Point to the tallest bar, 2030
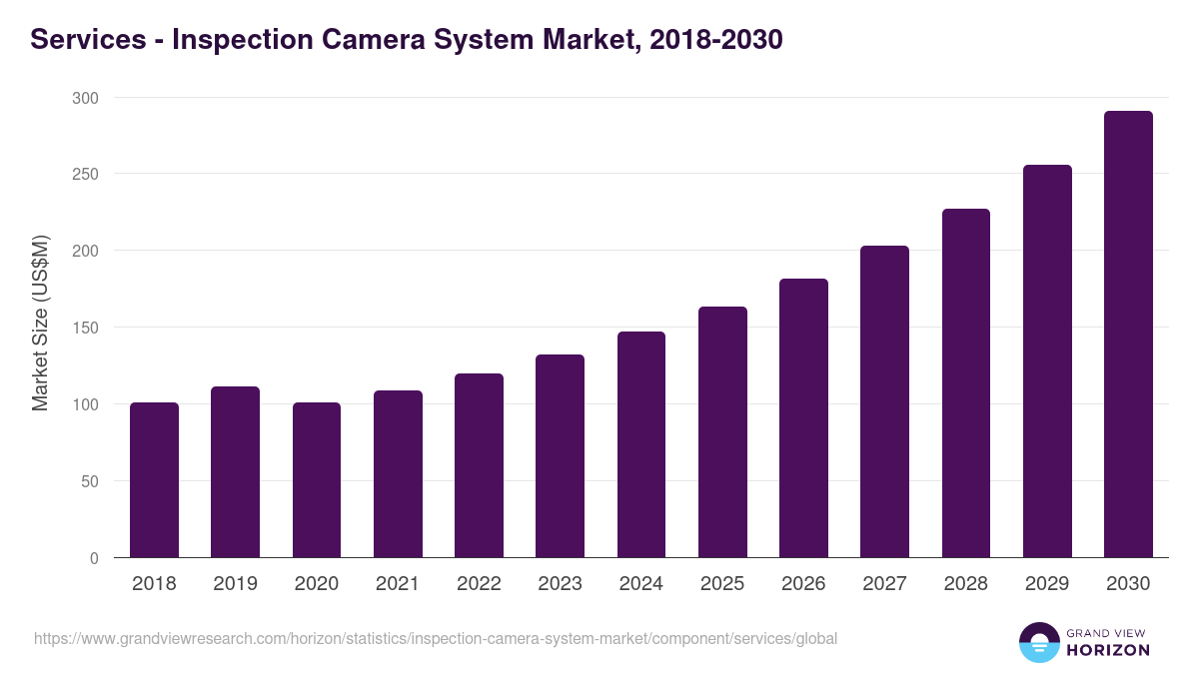[x=1128, y=335]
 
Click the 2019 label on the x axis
[x=235, y=584]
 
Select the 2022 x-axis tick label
[x=479, y=584]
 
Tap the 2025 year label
[x=722, y=584]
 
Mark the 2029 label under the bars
[x=1047, y=584]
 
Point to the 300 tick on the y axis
[x=85, y=98]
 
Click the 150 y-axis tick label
[x=85, y=328]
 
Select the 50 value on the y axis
[x=89, y=481]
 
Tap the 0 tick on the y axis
[x=94, y=558]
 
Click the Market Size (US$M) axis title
[x=40, y=324]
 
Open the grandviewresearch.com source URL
[x=436, y=638]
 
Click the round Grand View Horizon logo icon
[x=1038, y=642]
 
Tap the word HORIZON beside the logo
[x=1107, y=650]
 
